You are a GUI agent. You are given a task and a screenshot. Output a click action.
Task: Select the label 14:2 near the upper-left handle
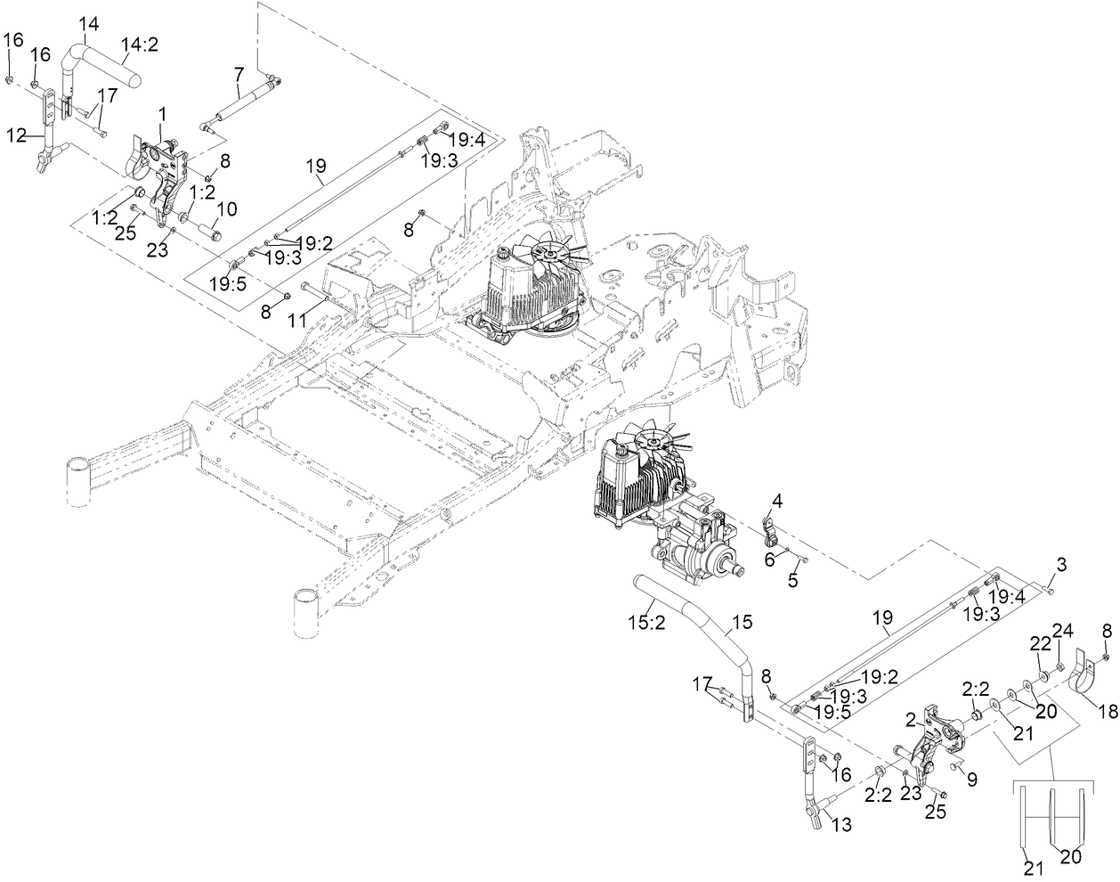[x=139, y=45]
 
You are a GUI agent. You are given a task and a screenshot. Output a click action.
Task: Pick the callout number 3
[x=1060, y=565]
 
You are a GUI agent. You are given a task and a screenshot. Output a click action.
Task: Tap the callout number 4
[x=776, y=502]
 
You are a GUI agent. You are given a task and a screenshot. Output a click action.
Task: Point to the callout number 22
[x=1040, y=643]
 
